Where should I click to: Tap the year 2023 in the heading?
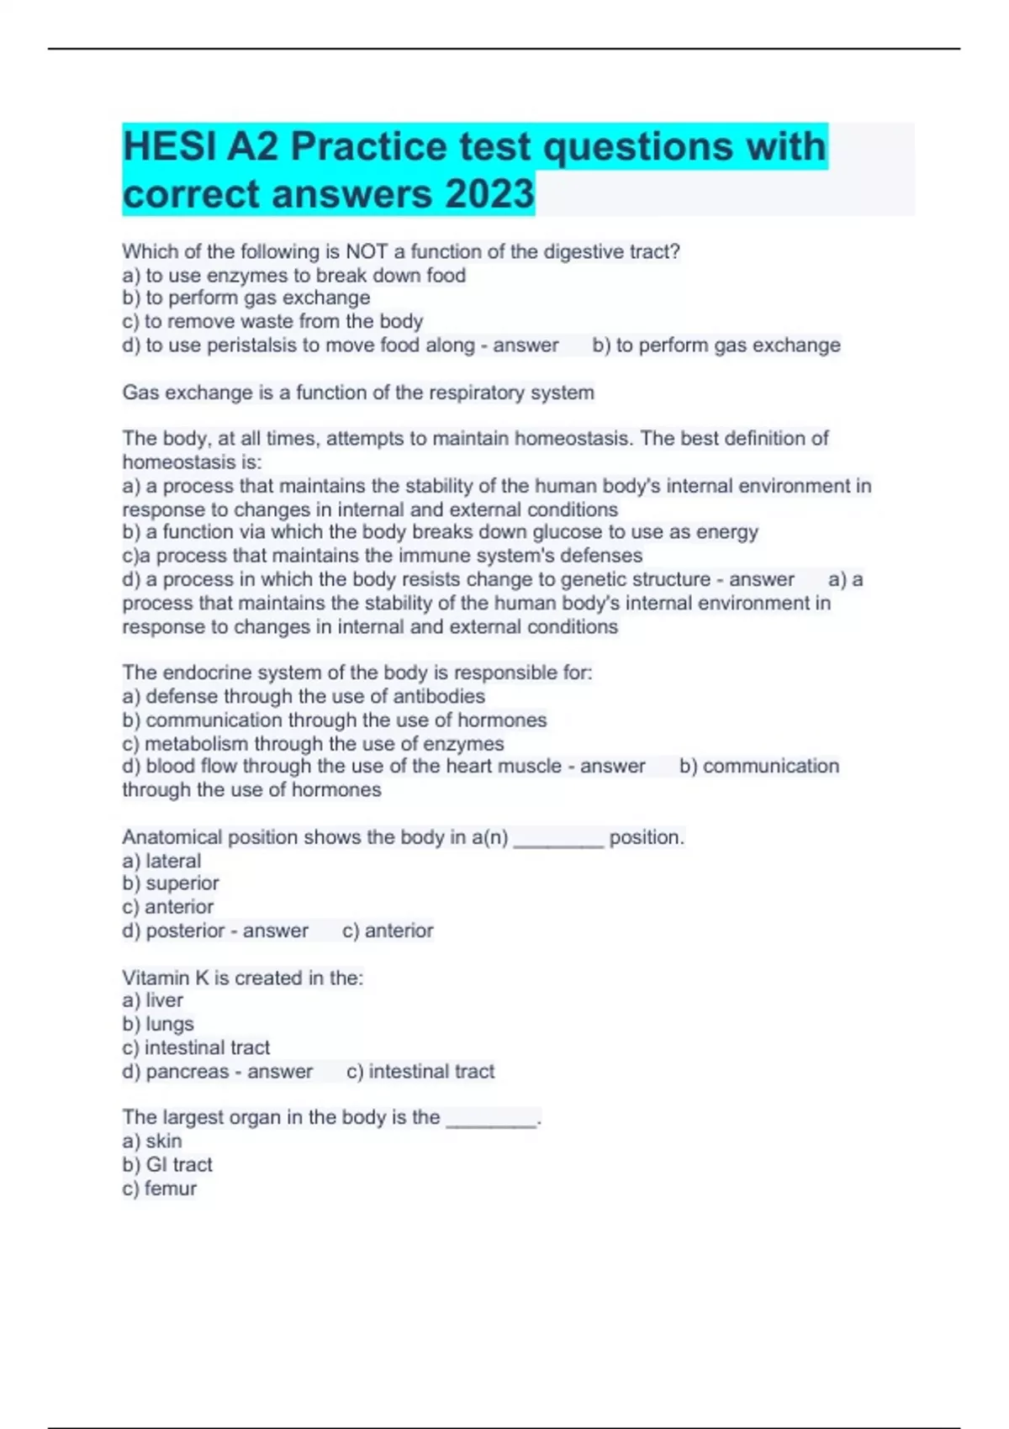tap(489, 194)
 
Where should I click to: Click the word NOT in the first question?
tap(367, 251)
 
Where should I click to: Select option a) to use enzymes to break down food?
tap(293, 275)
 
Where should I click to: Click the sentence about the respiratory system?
tap(358, 393)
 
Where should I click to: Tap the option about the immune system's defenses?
tap(382, 556)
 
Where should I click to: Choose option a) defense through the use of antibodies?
tap(304, 696)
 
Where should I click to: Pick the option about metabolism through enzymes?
tap(313, 743)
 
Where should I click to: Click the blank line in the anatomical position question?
tap(558, 839)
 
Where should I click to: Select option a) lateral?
tap(161, 861)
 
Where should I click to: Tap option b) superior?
tap(171, 883)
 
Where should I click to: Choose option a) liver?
tap(152, 1000)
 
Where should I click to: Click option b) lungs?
tap(158, 1024)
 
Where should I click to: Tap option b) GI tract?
tap(167, 1164)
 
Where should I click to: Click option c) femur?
tap(160, 1188)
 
